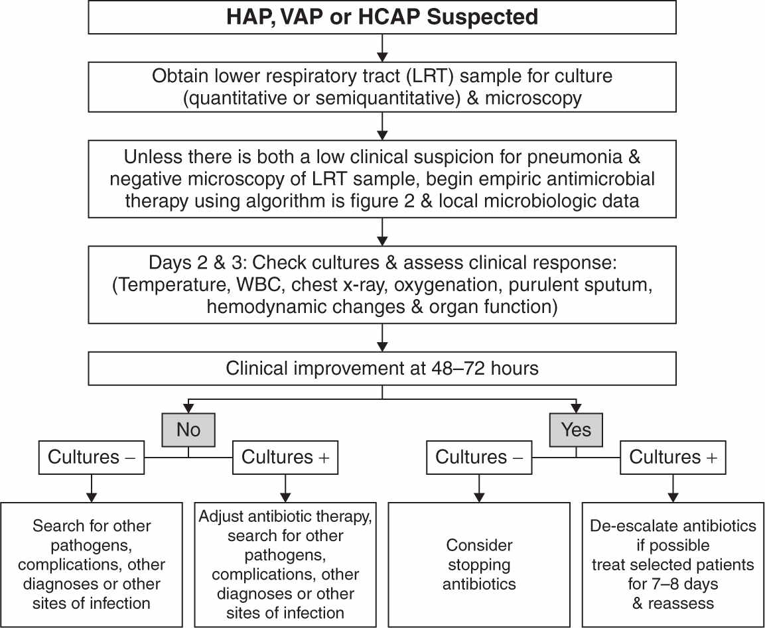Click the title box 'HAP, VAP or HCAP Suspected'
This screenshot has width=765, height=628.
click(x=382, y=18)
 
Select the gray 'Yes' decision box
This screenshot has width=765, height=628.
click(x=576, y=430)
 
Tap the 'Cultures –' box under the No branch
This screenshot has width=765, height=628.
click(x=91, y=457)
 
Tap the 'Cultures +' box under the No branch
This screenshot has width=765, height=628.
click(x=285, y=457)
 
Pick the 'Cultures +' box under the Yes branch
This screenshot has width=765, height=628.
click(x=673, y=457)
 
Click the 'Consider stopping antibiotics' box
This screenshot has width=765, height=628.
click(x=479, y=564)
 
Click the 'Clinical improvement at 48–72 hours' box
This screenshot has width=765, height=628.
click(x=382, y=368)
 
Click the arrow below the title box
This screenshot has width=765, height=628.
click(x=382, y=47)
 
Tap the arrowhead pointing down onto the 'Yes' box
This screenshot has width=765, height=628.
click(x=576, y=408)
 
